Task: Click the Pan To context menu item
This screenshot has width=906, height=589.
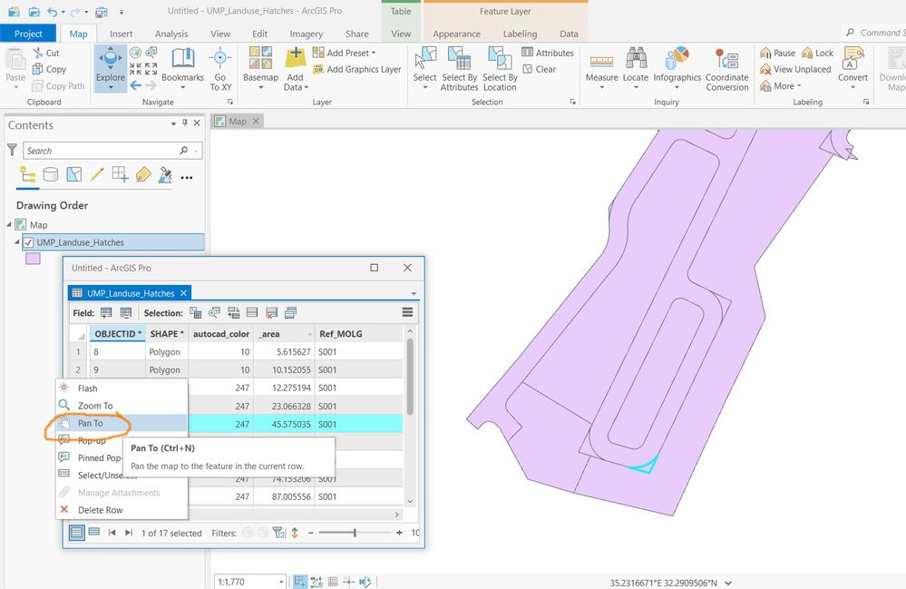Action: [90, 423]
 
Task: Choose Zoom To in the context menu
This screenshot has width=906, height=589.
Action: [95, 406]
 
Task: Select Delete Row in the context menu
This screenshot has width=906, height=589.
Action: [100, 510]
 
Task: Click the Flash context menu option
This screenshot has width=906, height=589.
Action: [87, 388]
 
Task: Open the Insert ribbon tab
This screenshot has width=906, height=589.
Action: [121, 34]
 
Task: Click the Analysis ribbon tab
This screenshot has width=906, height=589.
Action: [171, 34]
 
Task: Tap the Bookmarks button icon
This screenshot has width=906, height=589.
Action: [183, 58]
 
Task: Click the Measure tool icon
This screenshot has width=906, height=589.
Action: [601, 60]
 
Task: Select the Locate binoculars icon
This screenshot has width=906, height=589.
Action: [636, 58]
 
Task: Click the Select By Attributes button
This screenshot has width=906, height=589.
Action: [460, 69]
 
